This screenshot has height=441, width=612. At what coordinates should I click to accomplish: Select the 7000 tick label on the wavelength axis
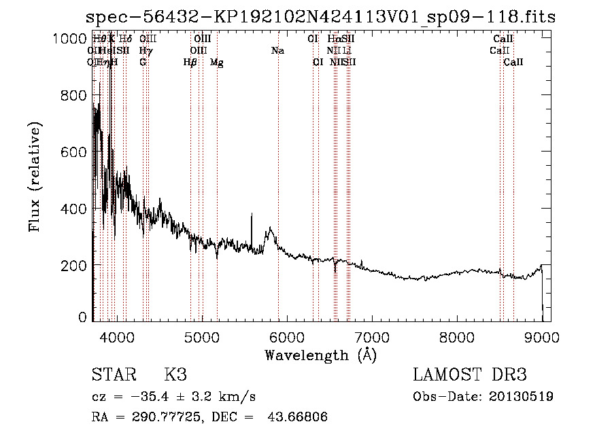point(372,336)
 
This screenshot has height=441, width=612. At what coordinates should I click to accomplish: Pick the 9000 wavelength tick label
point(542,336)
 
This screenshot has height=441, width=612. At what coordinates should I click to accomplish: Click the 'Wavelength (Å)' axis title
point(320,355)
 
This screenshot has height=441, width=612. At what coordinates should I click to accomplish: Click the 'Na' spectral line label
point(277,51)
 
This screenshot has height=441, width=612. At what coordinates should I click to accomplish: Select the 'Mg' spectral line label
point(217,63)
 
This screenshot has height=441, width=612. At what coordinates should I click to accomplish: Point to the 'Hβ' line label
point(190,63)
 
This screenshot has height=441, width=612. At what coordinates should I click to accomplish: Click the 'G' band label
point(143,63)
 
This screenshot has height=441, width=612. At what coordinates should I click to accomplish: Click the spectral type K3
point(175,375)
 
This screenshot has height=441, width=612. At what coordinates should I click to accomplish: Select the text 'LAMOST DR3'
point(470,375)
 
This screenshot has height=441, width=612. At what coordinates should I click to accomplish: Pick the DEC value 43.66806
point(301,417)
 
